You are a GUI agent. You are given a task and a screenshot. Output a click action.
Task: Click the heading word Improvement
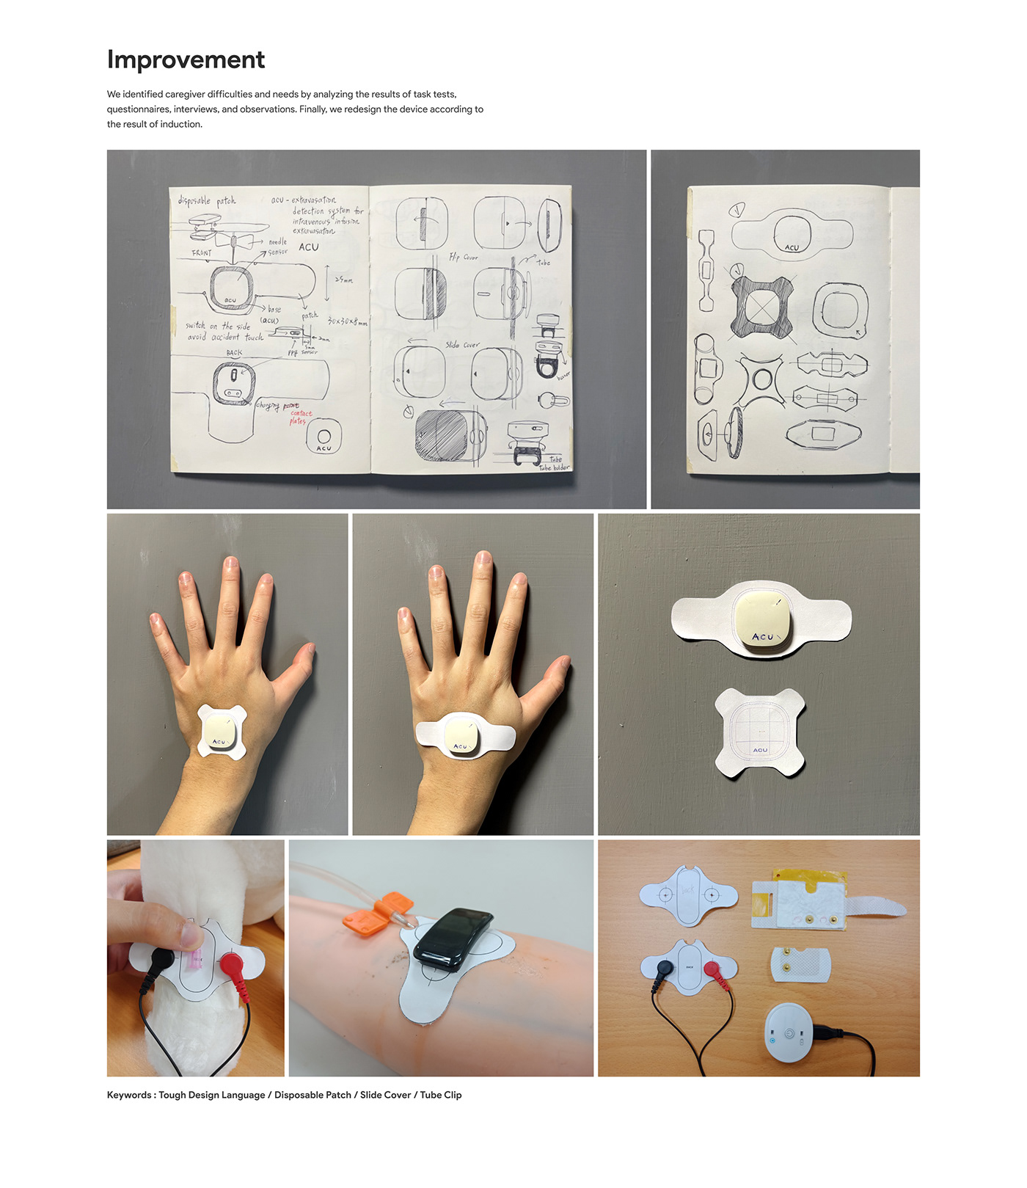186,59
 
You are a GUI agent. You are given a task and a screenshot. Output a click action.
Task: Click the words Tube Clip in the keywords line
440,1095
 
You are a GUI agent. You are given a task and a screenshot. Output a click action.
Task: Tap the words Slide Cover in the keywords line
385,1095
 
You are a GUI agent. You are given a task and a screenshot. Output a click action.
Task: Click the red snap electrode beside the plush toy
233,962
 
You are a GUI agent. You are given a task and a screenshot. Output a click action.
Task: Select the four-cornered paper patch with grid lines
759,732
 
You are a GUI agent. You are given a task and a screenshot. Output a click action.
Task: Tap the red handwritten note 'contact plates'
299,418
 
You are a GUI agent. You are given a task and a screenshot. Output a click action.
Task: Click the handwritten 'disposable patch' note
207,200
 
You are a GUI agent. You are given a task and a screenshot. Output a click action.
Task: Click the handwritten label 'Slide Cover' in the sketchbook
462,345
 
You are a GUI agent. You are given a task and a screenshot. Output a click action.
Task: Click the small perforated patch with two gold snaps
801,963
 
